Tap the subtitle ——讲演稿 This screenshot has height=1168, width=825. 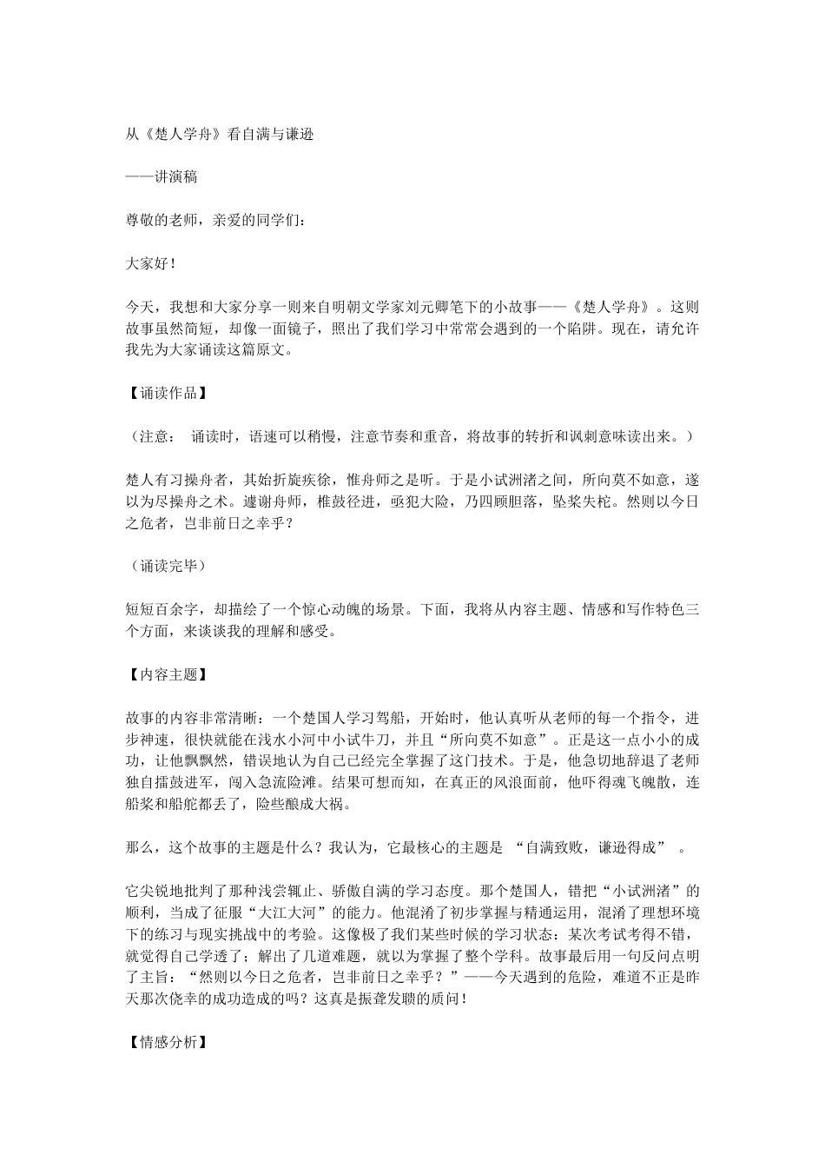click(x=162, y=176)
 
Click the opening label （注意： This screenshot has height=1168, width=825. click(x=155, y=436)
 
